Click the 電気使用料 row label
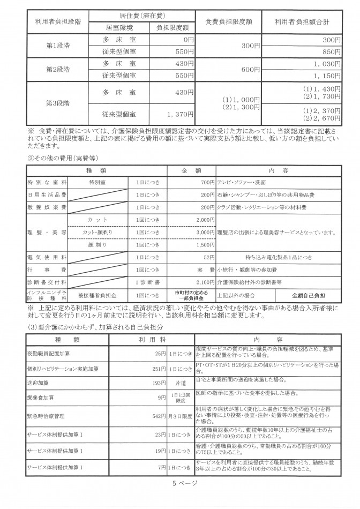coord(47,258)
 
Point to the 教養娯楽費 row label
coord(47,207)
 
